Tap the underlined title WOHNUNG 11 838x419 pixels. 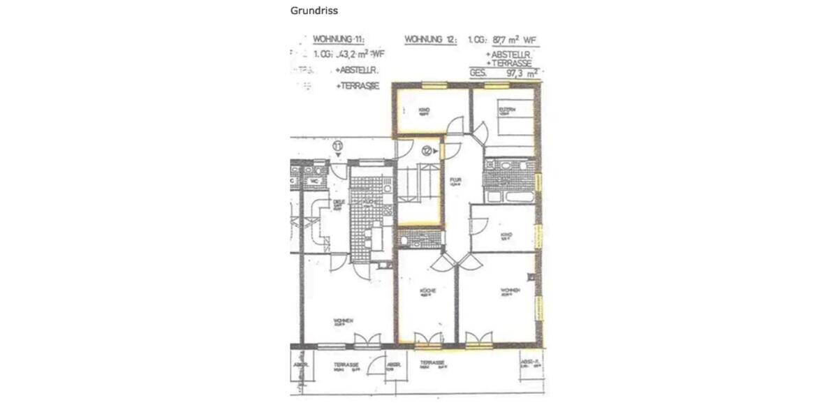(x=338, y=41)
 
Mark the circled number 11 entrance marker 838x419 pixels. (x=338, y=146)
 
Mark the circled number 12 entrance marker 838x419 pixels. (x=427, y=149)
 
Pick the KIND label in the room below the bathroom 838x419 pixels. (x=507, y=235)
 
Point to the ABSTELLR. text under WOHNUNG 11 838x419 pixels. (x=357, y=71)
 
